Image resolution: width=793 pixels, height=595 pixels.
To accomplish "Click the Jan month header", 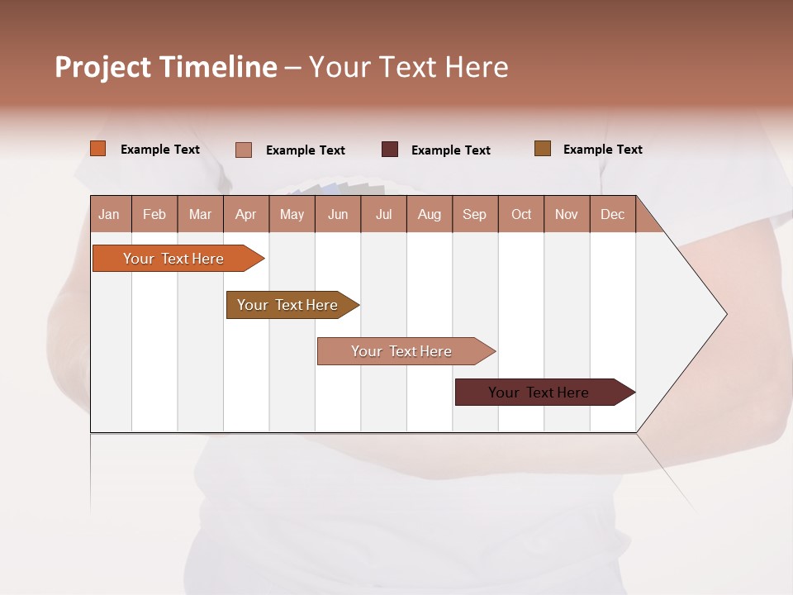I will (109, 214).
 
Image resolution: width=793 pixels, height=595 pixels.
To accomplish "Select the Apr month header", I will (245, 214).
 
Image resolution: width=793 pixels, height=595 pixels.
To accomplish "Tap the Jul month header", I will (383, 214).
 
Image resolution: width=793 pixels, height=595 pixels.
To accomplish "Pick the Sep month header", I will (474, 214).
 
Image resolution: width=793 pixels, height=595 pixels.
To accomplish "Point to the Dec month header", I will (612, 214).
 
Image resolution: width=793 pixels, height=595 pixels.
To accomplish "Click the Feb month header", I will (154, 214).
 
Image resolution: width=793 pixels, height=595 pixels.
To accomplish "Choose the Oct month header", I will (521, 214).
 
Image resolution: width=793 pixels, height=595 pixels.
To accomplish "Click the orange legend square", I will (98, 149).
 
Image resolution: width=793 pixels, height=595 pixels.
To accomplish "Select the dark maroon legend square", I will (390, 149).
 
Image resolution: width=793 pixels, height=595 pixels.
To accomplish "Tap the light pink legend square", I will (244, 150).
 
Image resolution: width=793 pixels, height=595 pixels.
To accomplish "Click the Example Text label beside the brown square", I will (602, 150).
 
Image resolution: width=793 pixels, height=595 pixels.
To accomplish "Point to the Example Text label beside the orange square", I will (159, 150).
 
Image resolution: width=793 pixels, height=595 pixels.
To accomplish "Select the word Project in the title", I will (102, 67).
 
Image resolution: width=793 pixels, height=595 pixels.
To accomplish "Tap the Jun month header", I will (338, 214).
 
